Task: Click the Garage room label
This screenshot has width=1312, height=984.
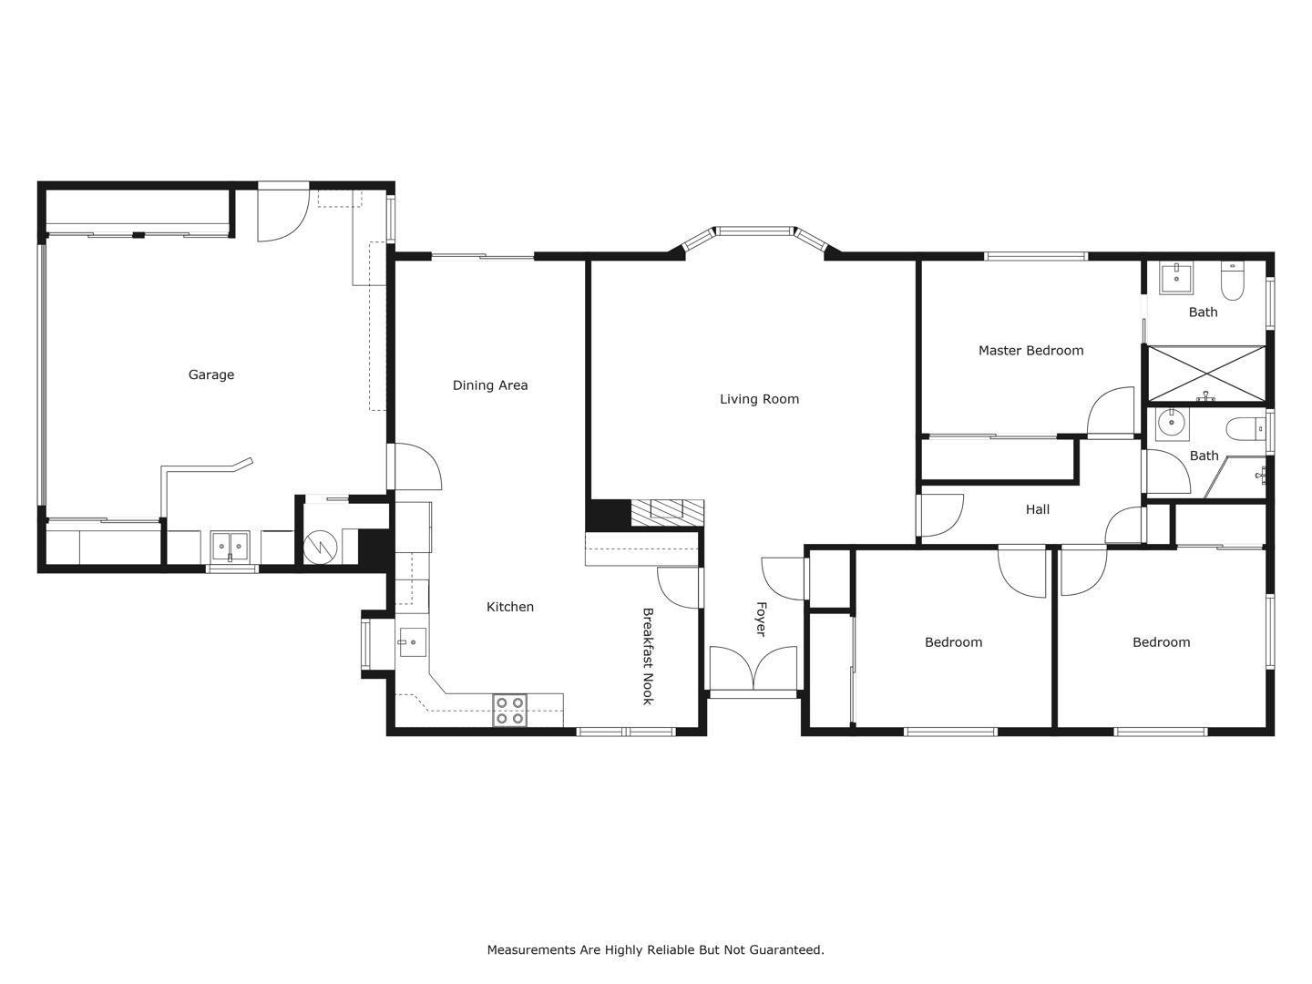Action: (x=210, y=374)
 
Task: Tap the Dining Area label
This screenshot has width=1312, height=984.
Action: (x=490, y=385)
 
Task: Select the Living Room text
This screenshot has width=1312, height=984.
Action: (x=759, y=399)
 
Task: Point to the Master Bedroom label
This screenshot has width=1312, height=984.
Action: (x=1030, y=351)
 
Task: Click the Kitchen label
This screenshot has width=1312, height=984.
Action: (x=509, y=607)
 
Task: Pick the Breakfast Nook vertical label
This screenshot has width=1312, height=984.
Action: (x=648, y=656)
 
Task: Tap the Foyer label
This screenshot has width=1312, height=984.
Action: (x=761, y=619)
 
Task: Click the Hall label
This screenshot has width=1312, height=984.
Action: (x=1037, y=509)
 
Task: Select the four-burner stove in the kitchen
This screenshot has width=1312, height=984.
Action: (x=509, y=711)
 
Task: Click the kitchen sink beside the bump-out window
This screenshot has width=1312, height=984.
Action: (x=412, y=642)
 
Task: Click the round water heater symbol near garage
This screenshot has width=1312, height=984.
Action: (x=321, y=547)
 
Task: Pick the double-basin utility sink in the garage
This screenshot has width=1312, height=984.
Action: (x=230, y=547)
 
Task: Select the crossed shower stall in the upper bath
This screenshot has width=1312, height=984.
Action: (x=1205, y=374)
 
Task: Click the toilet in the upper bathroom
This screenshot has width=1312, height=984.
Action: (x=1232, y=282)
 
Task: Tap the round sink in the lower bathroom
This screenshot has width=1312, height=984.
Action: (x=1170, y=424)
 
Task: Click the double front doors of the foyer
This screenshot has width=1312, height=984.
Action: (x=753, y=668)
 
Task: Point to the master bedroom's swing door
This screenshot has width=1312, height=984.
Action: (x=1111, y=412)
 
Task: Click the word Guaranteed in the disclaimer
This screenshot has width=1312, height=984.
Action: (x=786, y=949)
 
